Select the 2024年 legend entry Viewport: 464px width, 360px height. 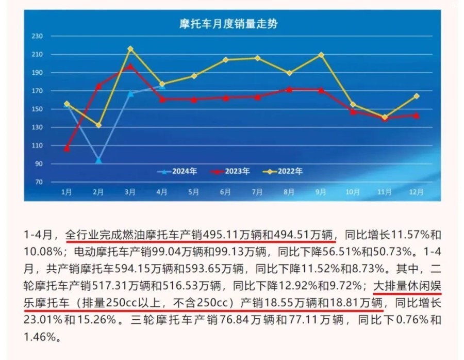coord(178,171)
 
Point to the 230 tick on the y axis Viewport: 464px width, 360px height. coord(37,36)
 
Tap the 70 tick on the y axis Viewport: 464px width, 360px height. coord(38,182)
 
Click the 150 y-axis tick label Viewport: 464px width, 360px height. coord(37,109)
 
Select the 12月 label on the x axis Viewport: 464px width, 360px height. coord(416,192)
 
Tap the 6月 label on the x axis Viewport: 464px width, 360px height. coord(225,192)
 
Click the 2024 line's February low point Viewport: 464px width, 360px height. coord(98,160)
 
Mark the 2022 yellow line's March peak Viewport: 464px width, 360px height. coord(130,49)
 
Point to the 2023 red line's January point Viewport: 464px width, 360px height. coord(67,149)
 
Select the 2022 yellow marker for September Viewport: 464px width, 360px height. coord(321,55)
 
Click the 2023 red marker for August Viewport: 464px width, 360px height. coord(289,89)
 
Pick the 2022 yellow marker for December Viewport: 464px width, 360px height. coord(416,96)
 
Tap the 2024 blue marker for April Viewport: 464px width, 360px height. coord(162,86)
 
